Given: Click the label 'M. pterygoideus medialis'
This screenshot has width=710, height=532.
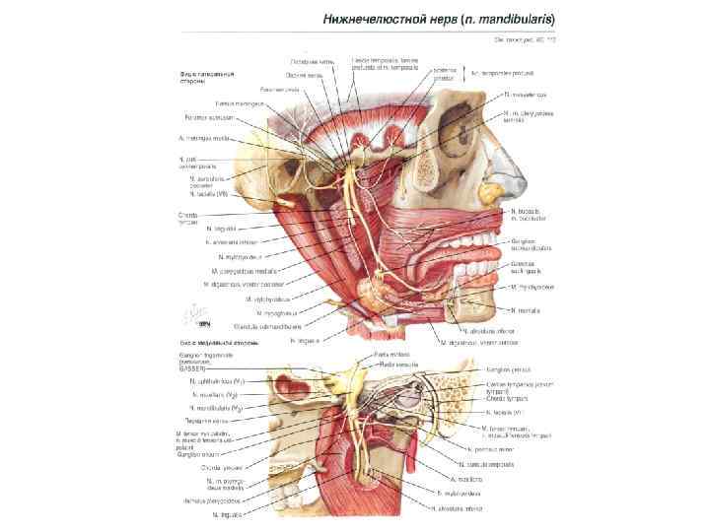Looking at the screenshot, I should click(x=244, y=269).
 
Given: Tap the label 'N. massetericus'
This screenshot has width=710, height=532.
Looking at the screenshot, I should click(x=525, y=95).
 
